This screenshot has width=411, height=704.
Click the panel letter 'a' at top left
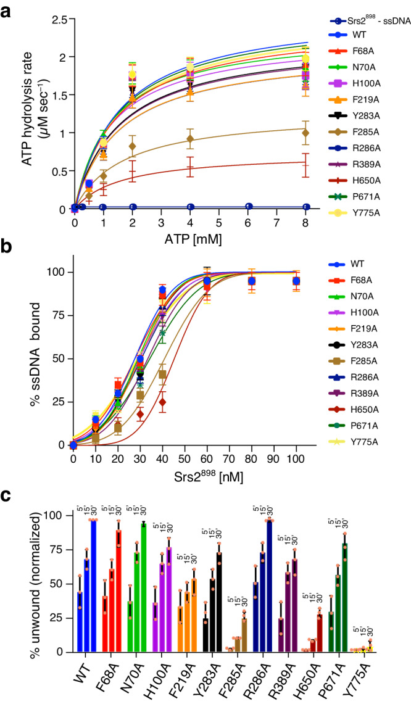tap(7, 10)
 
